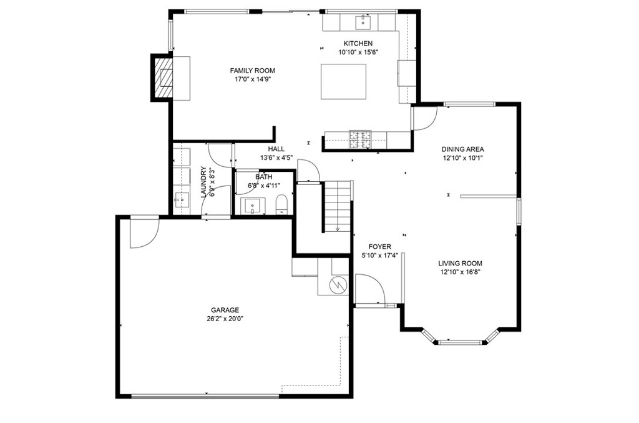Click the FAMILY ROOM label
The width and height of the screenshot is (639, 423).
point(252,71)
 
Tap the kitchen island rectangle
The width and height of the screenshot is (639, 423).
point(343,81)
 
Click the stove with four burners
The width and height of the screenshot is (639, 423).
point(359,139)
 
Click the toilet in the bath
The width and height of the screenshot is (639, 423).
point(282,204)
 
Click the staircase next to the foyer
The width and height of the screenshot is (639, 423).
point(338,206)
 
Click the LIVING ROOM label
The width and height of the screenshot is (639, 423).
point(460,263)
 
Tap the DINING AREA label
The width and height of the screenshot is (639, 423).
point(462,149)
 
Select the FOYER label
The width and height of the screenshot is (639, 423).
point(379,247)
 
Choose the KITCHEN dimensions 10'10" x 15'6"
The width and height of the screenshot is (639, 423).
point(358,52)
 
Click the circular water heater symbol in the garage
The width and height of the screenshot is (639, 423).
point(338,284)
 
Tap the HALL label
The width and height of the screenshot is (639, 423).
point(276,149)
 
